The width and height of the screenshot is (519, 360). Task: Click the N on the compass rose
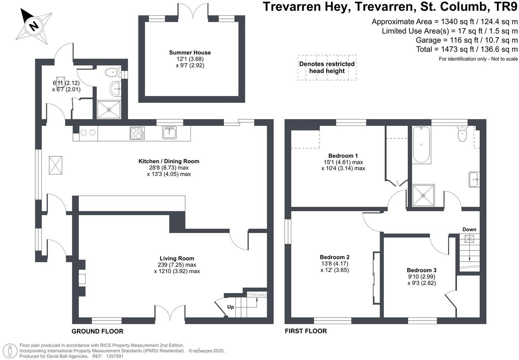coord(34,26)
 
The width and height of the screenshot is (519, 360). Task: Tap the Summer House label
coord(190,53)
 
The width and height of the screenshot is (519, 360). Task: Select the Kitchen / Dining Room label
coord(169,161)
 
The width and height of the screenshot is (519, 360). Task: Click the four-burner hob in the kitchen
coord(137,133)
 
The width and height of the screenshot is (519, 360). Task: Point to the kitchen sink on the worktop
coord(169,133)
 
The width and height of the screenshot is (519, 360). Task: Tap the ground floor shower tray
coord(109,110)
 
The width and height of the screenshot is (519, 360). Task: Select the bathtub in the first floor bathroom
coord(421,144)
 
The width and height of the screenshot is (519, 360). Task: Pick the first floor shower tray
coord(423,195)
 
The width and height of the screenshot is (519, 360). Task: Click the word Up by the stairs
coord(230,307)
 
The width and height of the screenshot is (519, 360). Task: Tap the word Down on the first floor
coord(469,229)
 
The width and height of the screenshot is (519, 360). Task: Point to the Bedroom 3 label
coord(421,270)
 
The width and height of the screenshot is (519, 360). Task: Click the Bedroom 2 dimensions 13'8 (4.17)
coord(334,264)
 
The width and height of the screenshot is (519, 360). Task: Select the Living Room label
coord(177,258)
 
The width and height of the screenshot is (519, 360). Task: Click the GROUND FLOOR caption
coord(97,331)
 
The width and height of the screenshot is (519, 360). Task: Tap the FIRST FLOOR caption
coord(306,331)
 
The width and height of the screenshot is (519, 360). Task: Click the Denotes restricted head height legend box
coord(327,67)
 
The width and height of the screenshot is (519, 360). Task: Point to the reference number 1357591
coord(115,356)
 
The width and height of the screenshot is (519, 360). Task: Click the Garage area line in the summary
coord(467,40)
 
